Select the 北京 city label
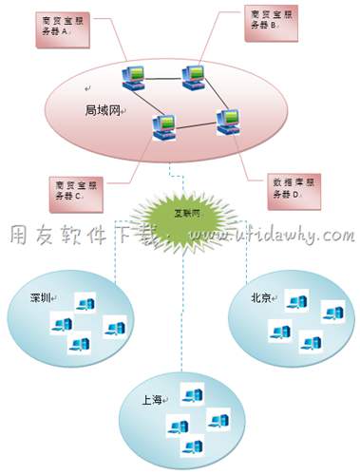point(262,297)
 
